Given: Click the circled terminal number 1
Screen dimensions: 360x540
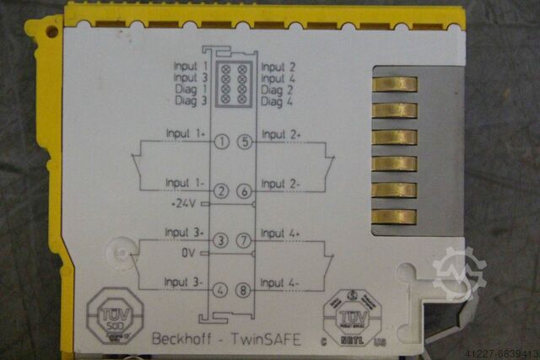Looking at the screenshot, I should [221, 142].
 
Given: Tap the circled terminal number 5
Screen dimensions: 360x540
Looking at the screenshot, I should [245, 142].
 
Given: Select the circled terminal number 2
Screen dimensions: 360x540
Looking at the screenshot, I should [221, 192].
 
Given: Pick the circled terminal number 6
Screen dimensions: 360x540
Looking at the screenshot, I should [245, 192].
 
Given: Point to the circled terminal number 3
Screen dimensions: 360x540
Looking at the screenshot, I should [221, 241].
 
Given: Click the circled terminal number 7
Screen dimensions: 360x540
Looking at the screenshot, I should [245, 241].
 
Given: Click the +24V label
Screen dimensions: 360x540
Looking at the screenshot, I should [183, 203].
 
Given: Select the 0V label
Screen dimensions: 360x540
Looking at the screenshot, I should [188, 252].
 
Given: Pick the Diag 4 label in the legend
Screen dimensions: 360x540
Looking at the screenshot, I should [278, 100].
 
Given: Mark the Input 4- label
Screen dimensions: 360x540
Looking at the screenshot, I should [281, 282].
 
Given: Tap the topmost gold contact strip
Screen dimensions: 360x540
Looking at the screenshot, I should [393, 83].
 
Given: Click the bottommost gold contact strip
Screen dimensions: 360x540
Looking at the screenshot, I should [393, 217].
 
